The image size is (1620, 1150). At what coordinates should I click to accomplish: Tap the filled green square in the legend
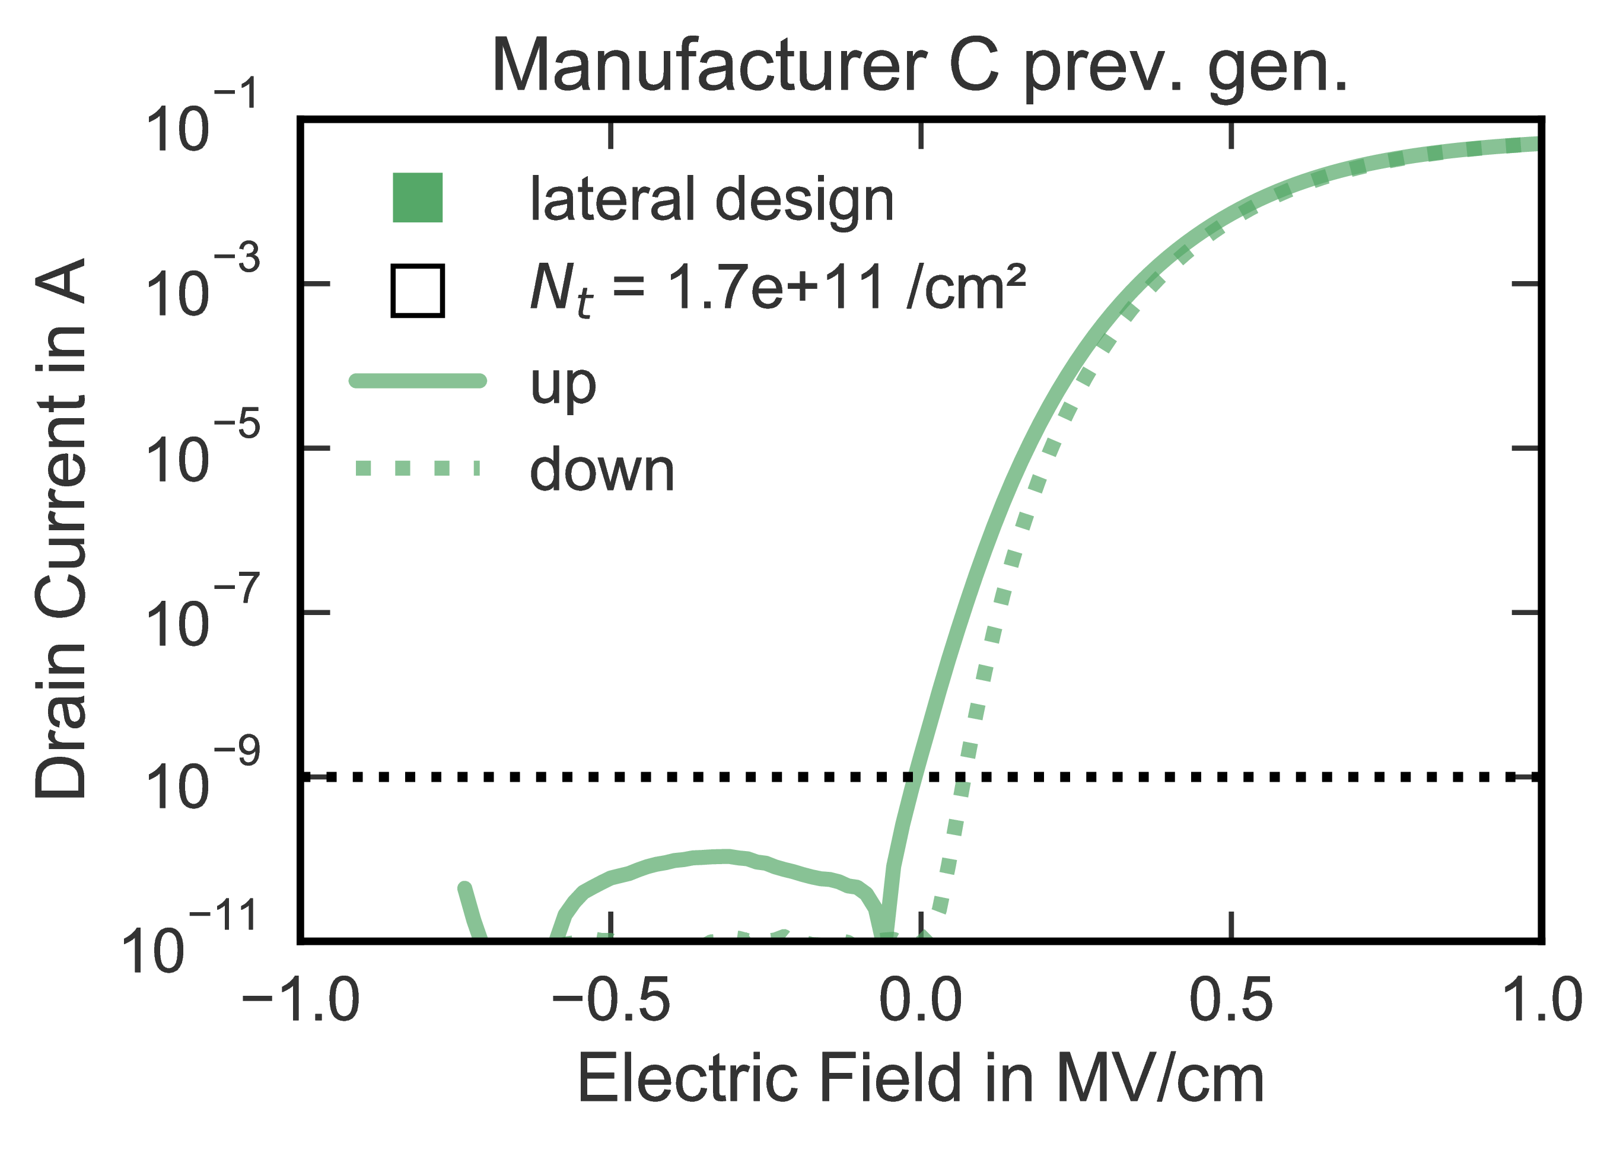click(x=418, y=197)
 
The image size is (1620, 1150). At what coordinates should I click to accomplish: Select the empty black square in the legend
click(x=418, y=291)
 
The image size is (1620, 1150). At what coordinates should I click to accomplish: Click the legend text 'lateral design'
click(x=712, y=200)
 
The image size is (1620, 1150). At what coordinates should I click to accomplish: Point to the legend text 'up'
click(x=563, y=384)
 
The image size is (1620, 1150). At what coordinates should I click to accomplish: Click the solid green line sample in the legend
click(x=418, y=381)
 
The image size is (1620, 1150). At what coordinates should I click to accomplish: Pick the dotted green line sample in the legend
click(x=418, y=468)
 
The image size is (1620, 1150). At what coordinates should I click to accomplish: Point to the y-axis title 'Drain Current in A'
click(x=62, y=528)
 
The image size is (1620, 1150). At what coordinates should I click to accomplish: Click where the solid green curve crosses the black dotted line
click(x=913, y=778)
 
